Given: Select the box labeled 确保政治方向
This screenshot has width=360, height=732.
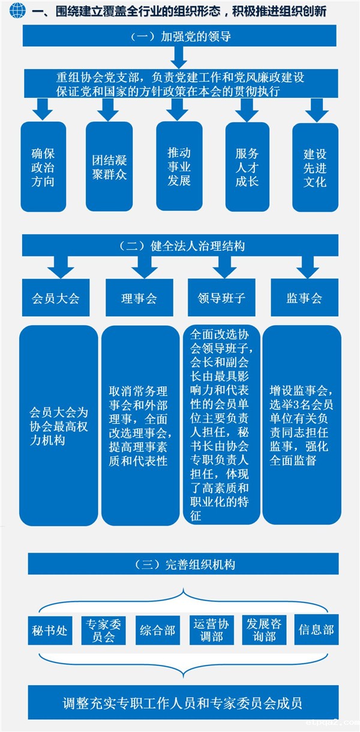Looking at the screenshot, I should coord(43,166).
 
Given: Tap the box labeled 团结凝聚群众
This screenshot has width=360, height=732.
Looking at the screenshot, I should coord(109,166).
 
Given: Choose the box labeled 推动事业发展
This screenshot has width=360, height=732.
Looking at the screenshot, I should coord(179,166).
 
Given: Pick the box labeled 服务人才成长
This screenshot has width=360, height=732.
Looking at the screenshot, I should coord(247,166).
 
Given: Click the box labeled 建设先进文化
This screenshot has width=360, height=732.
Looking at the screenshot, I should coord(315,166).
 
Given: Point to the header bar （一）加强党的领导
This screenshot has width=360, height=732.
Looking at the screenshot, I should coord(180,36).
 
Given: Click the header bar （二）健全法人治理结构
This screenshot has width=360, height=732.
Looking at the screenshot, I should coord(180,246).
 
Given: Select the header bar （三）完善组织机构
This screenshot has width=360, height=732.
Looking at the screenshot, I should coord(183,564).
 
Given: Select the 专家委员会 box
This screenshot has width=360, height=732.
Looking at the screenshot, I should coord(103,630).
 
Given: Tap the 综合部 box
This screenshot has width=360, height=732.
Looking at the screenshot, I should coord(157,630).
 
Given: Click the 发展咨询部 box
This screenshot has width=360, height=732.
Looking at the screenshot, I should coord(264,630).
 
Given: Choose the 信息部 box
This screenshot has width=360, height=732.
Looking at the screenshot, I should coord(316,630).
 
